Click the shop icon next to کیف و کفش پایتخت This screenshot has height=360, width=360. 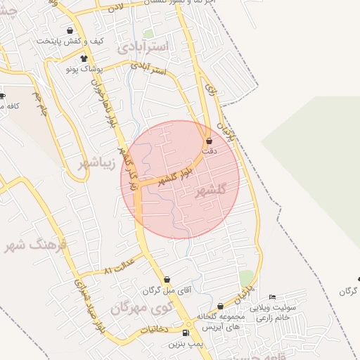click(x=70, y=32)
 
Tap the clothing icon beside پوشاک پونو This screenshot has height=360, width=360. click(x=84, y=59)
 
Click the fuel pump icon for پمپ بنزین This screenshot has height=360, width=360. click(x=186, y=333)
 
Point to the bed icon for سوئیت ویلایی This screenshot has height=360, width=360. click(x=273, y=297)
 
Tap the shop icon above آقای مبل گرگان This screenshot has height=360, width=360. click(x=167, y=280)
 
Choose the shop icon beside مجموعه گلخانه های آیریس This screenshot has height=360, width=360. click(x=221, y=307)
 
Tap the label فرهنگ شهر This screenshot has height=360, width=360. click(x=35, y=245)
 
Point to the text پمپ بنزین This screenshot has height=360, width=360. click(x=184, y=345)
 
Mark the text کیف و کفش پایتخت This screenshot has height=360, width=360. click(x=70, y=41)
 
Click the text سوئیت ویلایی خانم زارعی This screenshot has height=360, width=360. click(x=295, y=312)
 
